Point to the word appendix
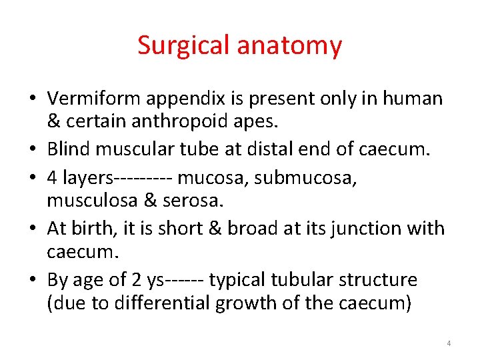point(175,99)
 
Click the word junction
point(369,228)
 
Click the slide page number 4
point(449,343)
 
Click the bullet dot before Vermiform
point(32,99)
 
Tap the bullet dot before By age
point(32,281)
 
